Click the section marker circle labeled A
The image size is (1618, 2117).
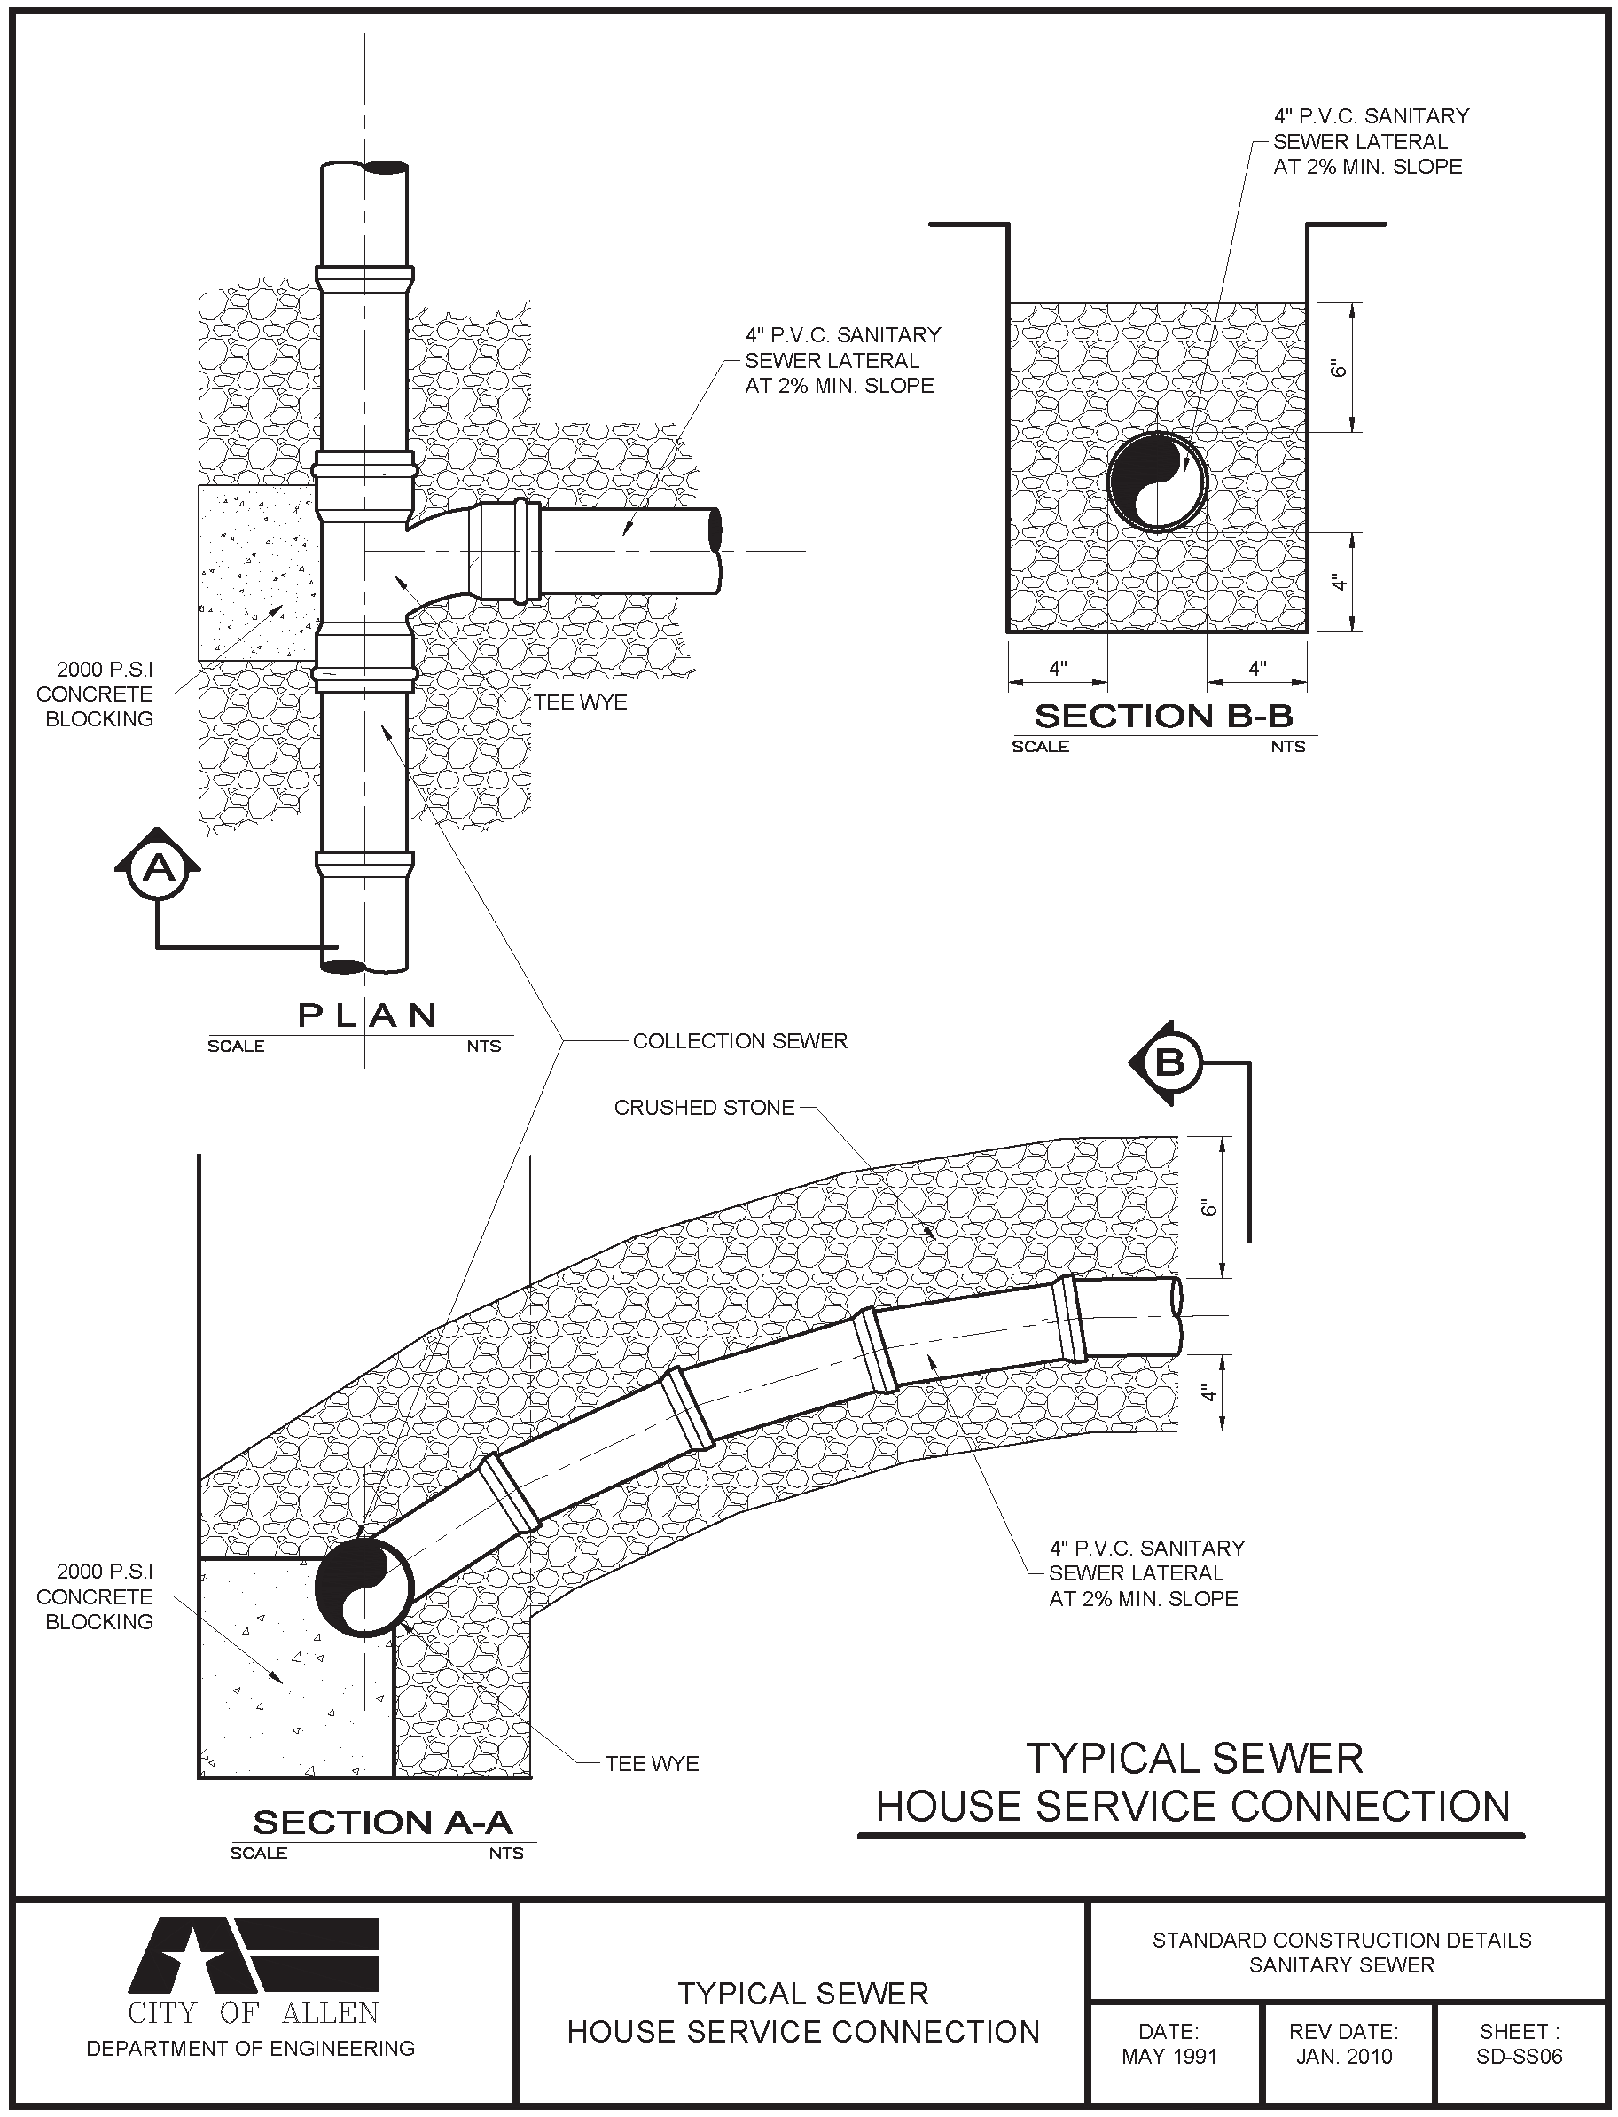click(159, 869)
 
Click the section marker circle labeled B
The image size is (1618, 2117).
click(1169, 1063)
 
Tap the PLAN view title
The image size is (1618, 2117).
click(367, 1015)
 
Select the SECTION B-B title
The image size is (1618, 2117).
click(1162, 717)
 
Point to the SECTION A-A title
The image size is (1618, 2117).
click(382, 1823)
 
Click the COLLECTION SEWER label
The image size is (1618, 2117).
click(739, 1041)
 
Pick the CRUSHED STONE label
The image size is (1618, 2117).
click(704, 1108)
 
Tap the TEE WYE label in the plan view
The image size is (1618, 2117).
click(581, 702)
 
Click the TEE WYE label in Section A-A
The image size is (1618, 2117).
click(652, 1763)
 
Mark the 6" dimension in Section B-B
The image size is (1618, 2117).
click(1337, 369)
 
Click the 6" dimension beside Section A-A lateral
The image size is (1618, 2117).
click(1210, 1208)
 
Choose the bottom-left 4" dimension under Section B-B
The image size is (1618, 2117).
click(1059, 669)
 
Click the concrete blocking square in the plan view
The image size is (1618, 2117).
click(257, 572)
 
